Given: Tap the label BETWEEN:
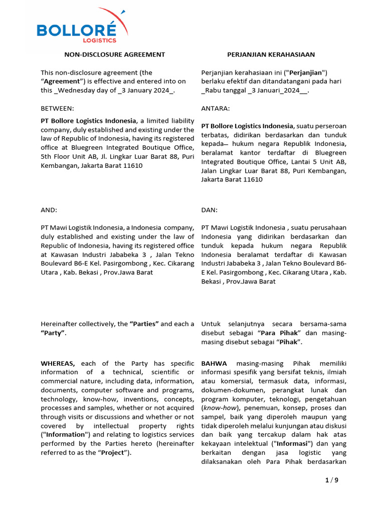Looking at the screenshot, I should pyautogui.click(x=57, y=108).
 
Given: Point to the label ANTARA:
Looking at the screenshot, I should pyautogui.click(x=216, y=108).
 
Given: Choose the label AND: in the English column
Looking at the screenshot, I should pyautogui.click(x=49, y=210).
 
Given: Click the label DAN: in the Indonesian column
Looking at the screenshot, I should pyautogui.click(x=210, y=210).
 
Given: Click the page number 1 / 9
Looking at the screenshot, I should pyautogui.click(x=331, y=481).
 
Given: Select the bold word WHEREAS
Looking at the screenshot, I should pyautogui.click(x=58, y=363).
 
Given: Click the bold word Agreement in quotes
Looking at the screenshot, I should pyautogui.click(x=62, y=81).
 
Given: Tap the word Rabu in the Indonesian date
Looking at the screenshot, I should pyautogui.click(x=212, y=90).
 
